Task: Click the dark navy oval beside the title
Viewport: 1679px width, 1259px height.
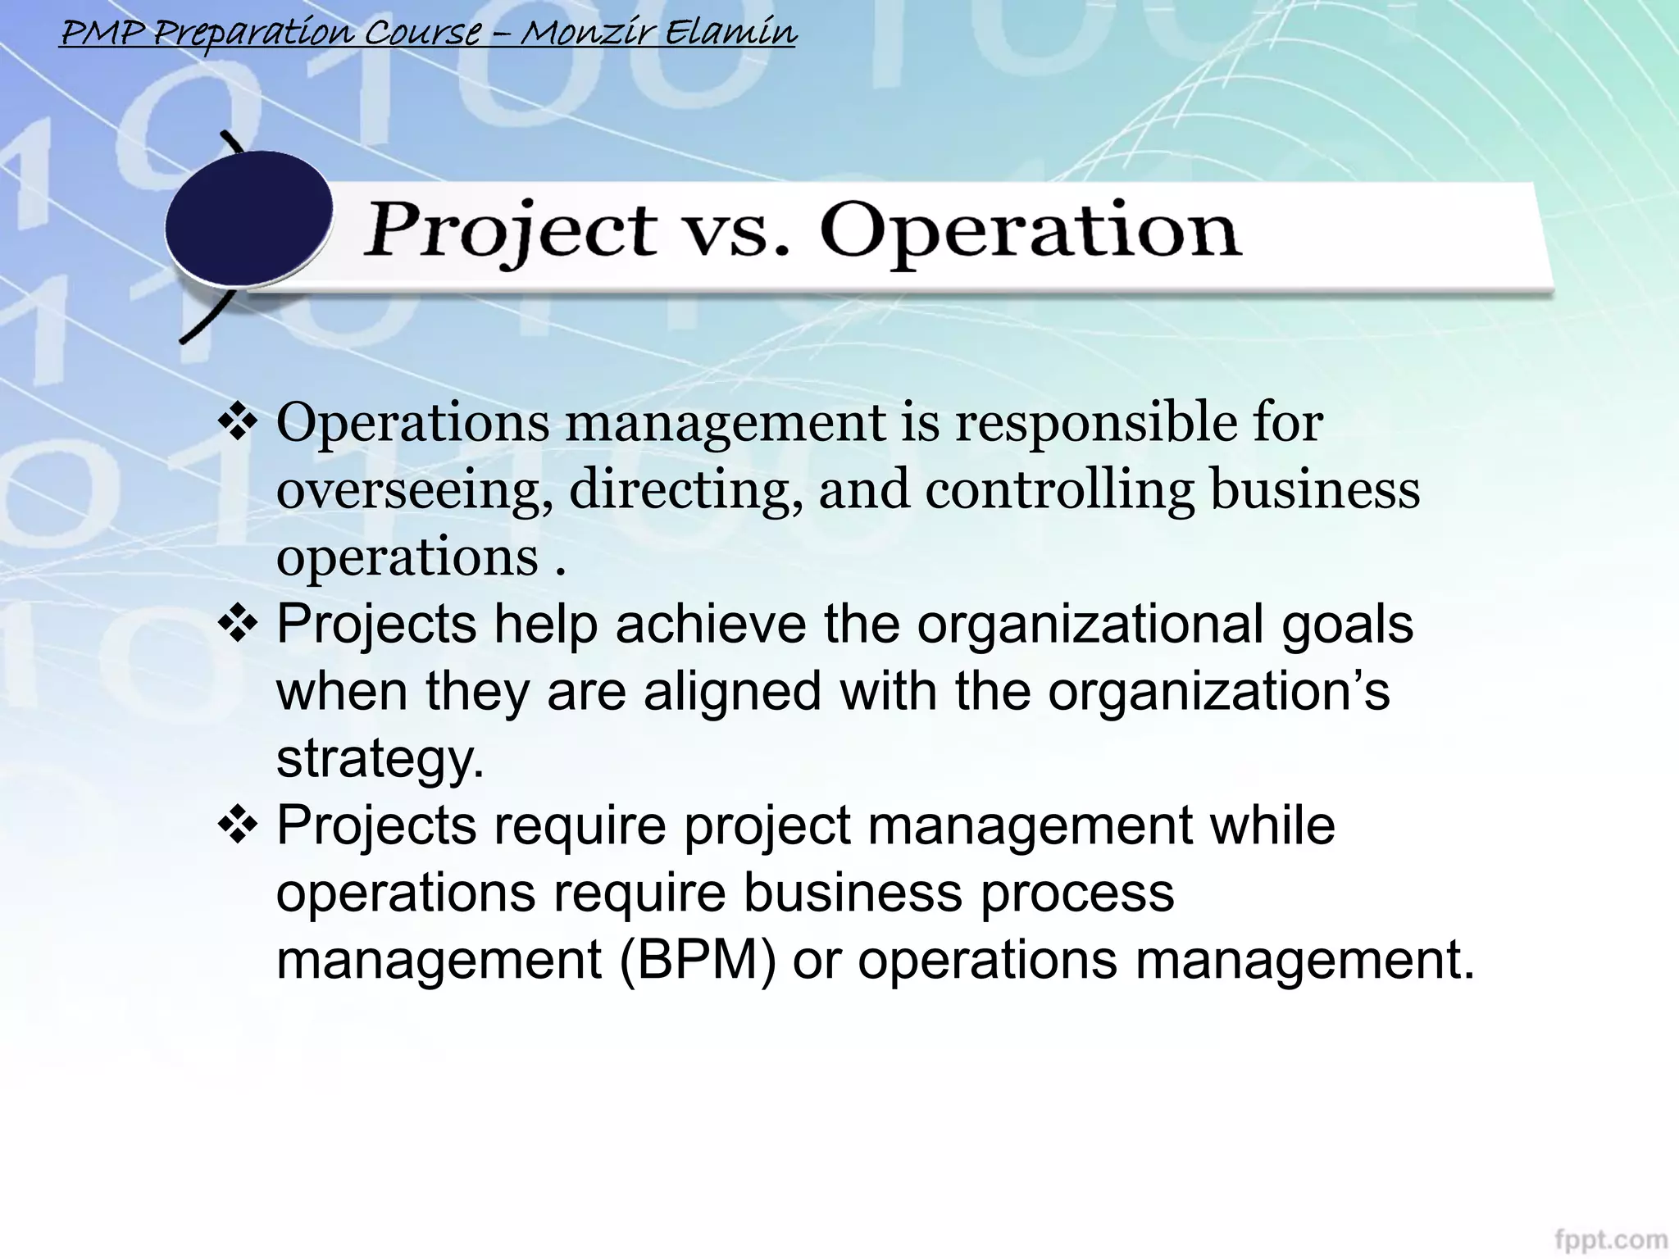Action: [x=248, y=219]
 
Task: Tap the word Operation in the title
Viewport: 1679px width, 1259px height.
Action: [x=1031, y=232]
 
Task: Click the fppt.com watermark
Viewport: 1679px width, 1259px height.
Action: [x=1610, y=1239]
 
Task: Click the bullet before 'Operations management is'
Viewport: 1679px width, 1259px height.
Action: [x=238, y=423]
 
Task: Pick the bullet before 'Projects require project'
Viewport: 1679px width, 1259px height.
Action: [x=238, y=825]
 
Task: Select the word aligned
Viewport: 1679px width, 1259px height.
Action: [x=732, y=692]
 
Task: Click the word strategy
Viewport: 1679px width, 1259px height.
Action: [x=380, y=760]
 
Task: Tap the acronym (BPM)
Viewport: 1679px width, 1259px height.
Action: [x=698, y=960]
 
